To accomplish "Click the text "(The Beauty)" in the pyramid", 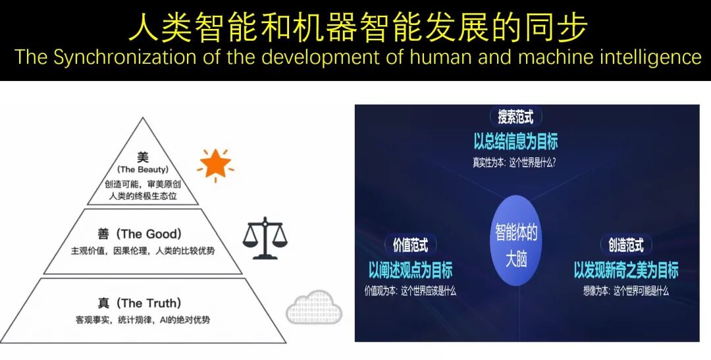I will coord(143,170).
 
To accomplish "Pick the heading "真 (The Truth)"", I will coord(139,303).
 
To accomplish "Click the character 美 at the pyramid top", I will coord(143,157).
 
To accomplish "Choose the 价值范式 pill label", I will coord(410,246).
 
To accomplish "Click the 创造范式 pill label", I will coord(625,246).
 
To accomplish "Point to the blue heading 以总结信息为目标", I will coord(515,141).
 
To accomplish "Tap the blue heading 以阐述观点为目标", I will coord(410,270).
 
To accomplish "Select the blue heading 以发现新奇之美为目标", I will coord(625,270).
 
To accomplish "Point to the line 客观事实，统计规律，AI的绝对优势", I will coord(144,321).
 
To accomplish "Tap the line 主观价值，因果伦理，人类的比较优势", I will coord(144,251).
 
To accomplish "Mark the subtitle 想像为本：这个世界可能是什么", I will coord(625,290).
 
